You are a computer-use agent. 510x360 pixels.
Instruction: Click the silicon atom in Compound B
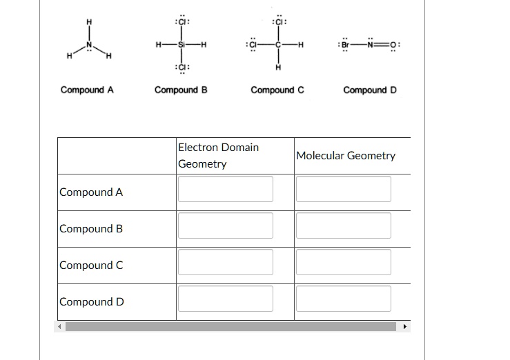182,46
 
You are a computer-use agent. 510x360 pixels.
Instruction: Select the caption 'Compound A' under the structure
87,90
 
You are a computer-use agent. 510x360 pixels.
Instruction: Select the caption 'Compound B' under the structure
182,90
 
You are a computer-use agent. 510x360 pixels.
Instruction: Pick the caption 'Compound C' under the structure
277,90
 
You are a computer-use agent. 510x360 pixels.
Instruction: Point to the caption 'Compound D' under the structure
370,90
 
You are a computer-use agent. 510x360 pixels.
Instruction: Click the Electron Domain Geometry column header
218,155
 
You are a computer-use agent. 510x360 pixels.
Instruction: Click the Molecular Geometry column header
346,155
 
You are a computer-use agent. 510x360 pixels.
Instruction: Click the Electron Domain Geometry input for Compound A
226,189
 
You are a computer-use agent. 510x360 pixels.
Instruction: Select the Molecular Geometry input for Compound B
344,226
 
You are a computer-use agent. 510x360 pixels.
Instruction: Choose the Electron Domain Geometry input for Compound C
226,262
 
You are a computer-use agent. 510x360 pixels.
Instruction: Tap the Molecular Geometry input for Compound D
344,299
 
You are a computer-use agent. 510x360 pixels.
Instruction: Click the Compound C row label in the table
91,266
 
